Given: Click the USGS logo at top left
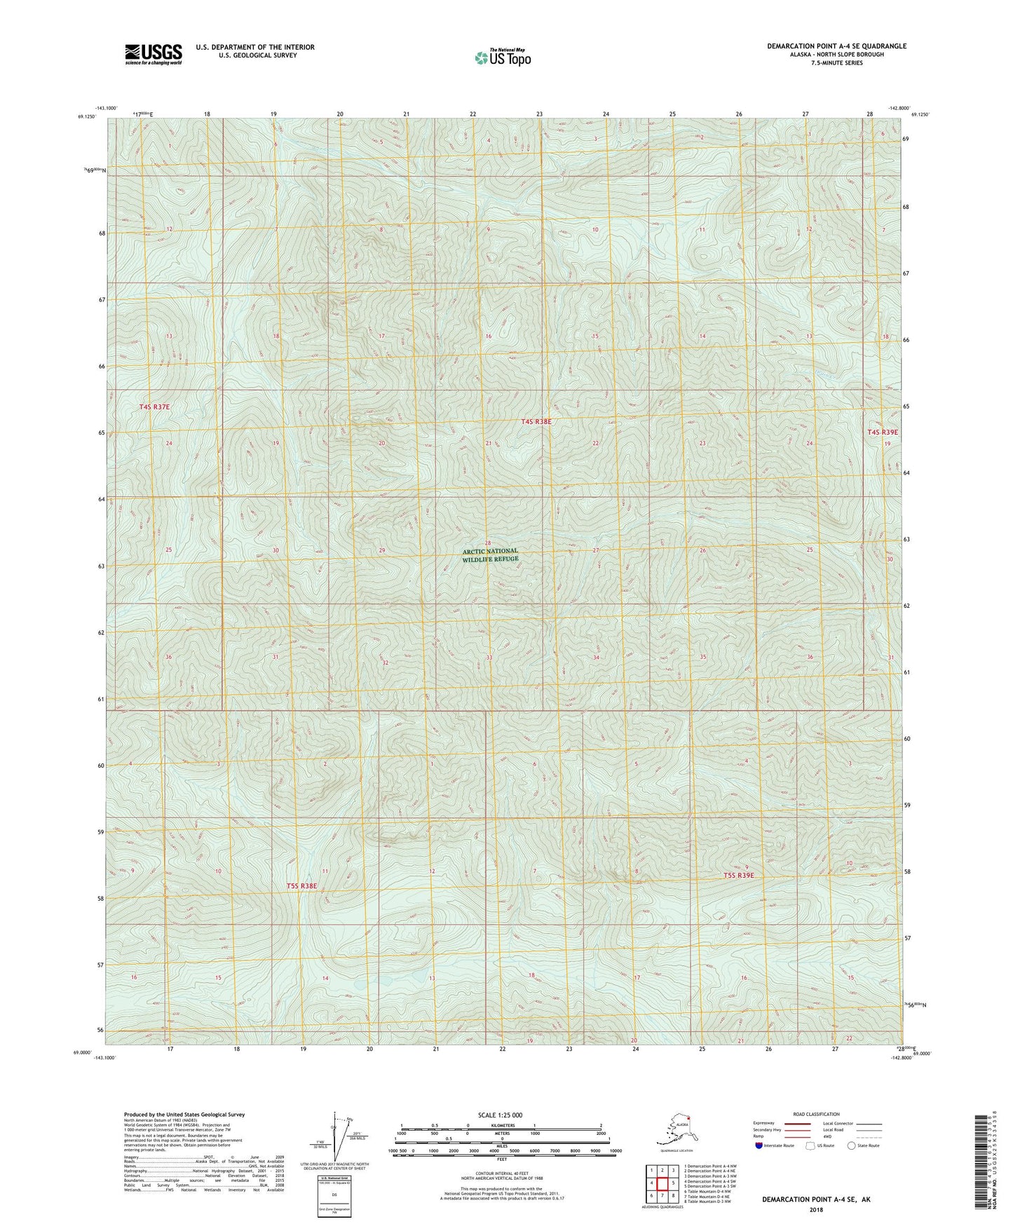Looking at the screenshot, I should [x=153, y=54].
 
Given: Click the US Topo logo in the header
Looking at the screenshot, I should [x=502, y=57].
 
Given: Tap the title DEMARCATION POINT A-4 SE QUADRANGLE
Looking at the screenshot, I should [x=836, y=46].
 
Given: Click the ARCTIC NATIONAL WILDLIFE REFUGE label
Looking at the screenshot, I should [x=490, y=555].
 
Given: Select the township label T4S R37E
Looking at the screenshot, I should [x=155, y=407].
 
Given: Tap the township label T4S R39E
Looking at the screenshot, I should [x=883, y=433].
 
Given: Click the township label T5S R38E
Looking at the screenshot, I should [x=301, y=886].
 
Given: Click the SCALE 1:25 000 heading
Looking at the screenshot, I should [x=501, y=1115].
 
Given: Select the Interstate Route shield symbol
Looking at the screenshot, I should [x=760, y=1145].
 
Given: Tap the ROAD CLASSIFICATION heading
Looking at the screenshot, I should [x=816, y=1114].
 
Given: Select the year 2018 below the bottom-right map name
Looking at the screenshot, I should [x=816, y=1209].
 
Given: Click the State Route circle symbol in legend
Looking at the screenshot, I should [x=852, y=1145].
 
